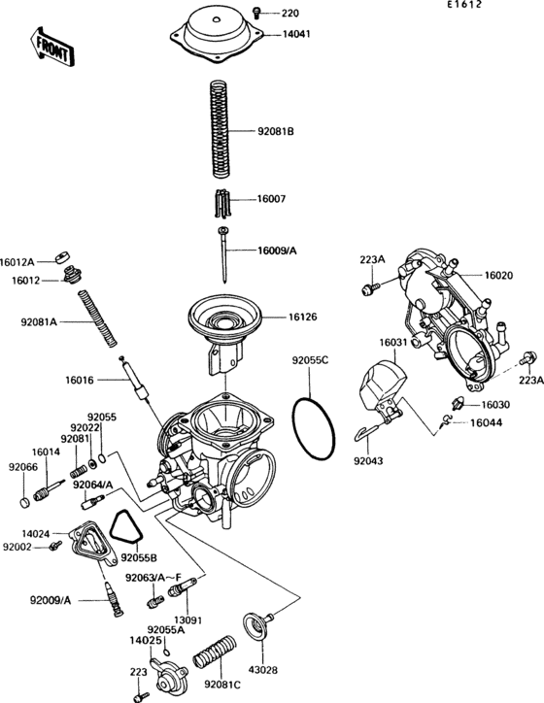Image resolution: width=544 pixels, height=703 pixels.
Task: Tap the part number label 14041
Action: tap(297, 34)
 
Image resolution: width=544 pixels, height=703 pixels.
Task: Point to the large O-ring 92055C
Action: tap(314, 427)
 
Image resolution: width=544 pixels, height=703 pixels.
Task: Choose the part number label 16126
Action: tap(303, 317)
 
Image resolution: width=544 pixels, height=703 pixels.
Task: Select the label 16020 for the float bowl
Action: tap(498, 276)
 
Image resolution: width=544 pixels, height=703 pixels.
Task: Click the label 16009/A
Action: tap(277, 251)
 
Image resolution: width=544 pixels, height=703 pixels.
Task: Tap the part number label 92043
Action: tap(368, 462)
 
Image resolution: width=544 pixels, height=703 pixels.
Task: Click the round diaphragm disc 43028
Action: tap(256, 624)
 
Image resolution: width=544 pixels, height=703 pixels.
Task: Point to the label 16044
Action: tap(487, 422)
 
